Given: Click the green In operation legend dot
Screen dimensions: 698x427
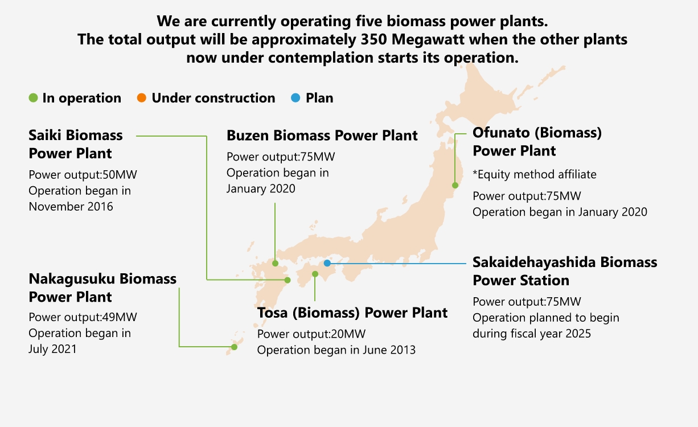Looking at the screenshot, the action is pos(33,98).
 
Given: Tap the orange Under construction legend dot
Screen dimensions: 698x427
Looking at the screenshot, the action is pos(141,98).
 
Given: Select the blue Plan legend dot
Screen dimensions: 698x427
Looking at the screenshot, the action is pos(295,98).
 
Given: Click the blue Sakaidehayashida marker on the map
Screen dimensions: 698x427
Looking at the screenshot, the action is pos(327,263).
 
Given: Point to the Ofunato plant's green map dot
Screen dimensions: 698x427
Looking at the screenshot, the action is pos(455,186).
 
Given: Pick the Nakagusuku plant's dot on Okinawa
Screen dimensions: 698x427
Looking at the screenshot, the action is pos(235,347).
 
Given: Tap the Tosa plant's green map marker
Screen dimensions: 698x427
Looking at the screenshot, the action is pos(315,274).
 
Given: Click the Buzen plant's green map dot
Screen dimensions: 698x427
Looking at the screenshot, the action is pos(275,264).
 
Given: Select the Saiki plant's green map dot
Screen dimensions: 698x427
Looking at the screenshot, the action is pos(288,280).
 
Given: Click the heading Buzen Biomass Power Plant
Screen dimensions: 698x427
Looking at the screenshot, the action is pos(322,136).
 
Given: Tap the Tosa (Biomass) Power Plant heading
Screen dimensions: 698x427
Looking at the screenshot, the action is pos(352,313).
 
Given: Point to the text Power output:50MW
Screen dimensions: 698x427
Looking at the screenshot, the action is pos(83,175).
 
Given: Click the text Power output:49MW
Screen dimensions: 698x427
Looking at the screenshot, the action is pos(83,317).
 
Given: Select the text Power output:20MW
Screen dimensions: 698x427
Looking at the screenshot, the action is pos(311,334).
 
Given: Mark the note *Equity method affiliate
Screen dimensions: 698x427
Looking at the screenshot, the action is pos(535,175).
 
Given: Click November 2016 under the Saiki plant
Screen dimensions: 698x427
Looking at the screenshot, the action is pos(71,207).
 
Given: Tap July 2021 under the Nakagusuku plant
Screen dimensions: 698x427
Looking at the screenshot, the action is pos(52,349).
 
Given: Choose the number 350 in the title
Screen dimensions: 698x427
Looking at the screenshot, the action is pos(373,39).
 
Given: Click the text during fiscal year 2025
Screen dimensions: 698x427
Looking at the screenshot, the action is pos(532,334).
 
